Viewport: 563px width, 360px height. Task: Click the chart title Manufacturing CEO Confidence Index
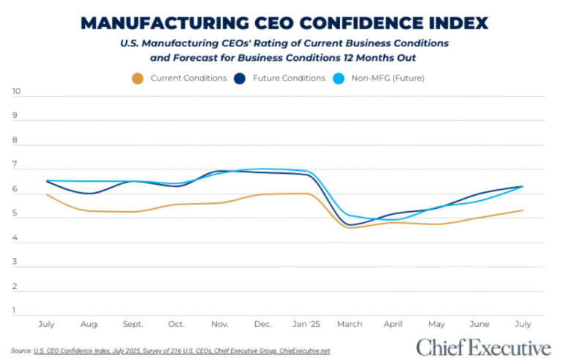click(x=285, y=23)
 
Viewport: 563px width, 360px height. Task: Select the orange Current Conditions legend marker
click(x=136, y=78)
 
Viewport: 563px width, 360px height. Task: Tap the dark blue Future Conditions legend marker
click(x=239, y=78)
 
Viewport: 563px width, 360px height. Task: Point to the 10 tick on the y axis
click(x=16, y=92)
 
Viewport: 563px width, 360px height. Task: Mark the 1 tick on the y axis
click(x=16, y=311)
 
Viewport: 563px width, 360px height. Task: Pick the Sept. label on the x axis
click(x=133, y=323)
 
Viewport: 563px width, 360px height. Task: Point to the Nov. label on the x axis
click(x=220, y=323)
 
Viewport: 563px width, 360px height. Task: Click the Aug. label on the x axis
click(x=89, y=323)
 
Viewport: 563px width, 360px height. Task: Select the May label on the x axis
click(x=436, y=323)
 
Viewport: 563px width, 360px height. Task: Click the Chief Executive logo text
click(x=483, y=346)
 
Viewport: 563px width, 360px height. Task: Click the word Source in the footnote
click(x=21, y=350)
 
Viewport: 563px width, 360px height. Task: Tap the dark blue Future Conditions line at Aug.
click(x=89, y=194)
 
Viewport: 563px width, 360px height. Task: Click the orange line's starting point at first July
click(x=47, y=194)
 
